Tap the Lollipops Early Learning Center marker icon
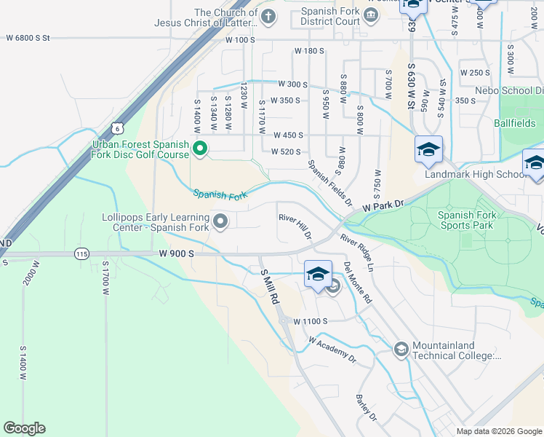(x=220, y=220)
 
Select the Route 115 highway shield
(x=81, y=253)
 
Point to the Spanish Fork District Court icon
(x=371, y=16)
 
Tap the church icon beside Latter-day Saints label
(x=268, y=16)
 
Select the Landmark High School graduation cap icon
(x=428, y=149)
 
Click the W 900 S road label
(x=177, y=253)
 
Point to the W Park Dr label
(x=383, y=207)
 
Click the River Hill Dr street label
(x=295, y=227)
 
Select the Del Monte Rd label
(x=358, y=282)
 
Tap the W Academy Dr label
(x=332, y=350)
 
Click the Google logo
(x=24, y=428)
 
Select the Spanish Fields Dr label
(x=329, y=182)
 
